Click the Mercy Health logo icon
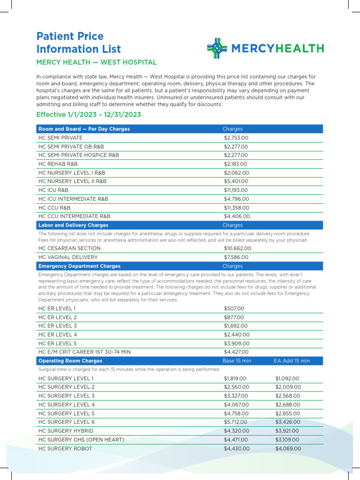[x=217, y=48]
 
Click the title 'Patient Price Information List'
[x=79, y=43]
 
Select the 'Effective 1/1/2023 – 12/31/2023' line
[x=89, y=115]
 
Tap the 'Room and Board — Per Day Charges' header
[x=84, y=129]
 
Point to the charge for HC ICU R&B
[x=237, y=190]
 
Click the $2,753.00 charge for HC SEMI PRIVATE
[x=236, y=138]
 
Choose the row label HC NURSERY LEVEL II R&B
[x=72, y=181]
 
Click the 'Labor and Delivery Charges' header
[x=73, y=225]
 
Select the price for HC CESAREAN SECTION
[x=238, y=248]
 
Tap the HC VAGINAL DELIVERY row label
[x=68, y=257]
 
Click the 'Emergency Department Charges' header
[x=79, y=266]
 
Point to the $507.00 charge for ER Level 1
[x=234, y=308]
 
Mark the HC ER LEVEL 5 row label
[x=58, y=343]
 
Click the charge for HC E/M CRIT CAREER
[x=236, y=352]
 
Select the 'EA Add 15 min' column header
[x=292, y=361]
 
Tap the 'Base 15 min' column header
[x=237, y=361]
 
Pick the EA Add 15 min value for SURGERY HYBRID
[x=288, y=431]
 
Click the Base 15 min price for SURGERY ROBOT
[x=237, y=449]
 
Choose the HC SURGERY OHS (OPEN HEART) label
[x=81, y=440]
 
